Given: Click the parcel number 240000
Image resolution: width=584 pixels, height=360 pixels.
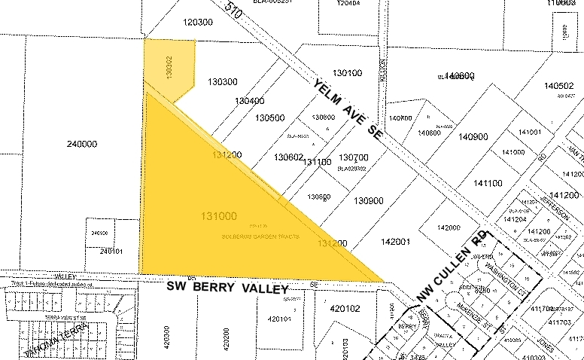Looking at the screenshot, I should (x=82, y=144).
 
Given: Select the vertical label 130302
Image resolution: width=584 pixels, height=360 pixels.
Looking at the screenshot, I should (x=169, y=69).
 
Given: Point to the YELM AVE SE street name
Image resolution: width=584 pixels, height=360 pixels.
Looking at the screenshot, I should (x=348, y=109).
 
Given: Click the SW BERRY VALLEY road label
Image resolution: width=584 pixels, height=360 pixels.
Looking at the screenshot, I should (x=228, y=288).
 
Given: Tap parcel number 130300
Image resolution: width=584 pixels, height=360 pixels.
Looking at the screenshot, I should (x=223, y=81).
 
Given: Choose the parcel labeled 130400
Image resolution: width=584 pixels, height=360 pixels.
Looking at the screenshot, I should (x=249, y=101).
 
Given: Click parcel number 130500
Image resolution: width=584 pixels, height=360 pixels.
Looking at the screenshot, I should (x=269, y=117).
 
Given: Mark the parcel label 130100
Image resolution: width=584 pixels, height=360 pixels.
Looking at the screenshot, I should (x=347, y=73).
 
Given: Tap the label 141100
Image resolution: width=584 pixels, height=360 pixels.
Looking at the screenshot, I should (x=487, y=183).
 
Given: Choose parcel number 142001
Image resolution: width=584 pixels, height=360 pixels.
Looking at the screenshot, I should (x=395, y=242).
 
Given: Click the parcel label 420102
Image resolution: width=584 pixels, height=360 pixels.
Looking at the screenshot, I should (x=345, y=308).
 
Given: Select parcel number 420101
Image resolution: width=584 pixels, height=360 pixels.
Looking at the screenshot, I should (x=278, y=319).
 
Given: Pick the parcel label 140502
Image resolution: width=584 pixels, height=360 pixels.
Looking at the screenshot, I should (x=559, y=87).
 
